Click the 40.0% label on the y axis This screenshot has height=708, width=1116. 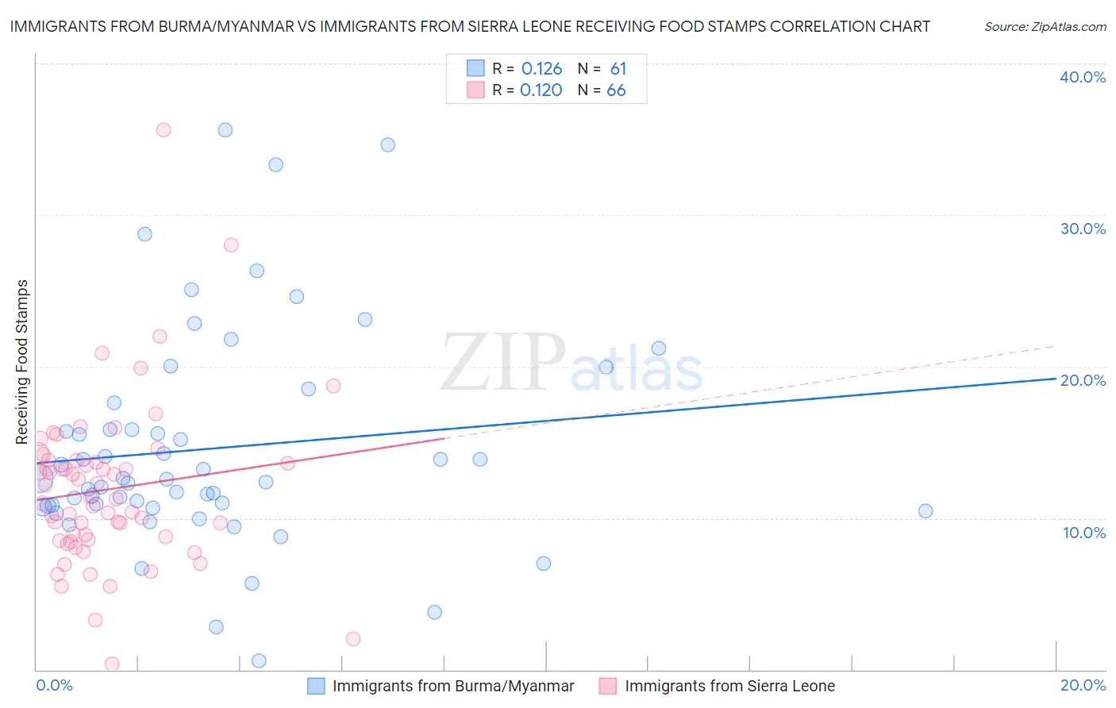(x=1083, y=77)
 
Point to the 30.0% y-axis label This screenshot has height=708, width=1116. (x=1083, y=229)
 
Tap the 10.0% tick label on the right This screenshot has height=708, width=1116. (x=1083, y=533)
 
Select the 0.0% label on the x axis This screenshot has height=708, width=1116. (x=54, y=685)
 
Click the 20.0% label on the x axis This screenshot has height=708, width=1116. (x=1083, y=685)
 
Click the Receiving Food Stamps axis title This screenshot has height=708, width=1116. (x=22, y=362)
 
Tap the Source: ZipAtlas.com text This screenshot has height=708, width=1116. (x=1045, y=27)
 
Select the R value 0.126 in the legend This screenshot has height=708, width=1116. (x=541, y=69)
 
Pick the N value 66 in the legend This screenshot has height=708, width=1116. (x=616, y=90)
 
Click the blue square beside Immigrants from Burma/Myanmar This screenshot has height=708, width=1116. (x=316, y=686)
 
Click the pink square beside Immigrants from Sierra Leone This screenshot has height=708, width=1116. (x=608, y=686)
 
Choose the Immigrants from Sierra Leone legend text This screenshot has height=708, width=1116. (x=729, y=686)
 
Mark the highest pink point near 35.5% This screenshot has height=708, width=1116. (x=164, y=130)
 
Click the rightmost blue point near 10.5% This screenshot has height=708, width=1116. (x=926, y=511)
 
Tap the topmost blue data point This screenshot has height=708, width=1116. (x=225, y=130)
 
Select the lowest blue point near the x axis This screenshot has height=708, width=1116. (x=259, y=660)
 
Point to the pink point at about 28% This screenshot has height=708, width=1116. (x=231, y=245)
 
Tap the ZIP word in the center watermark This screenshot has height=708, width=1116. (x=503, y=363)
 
